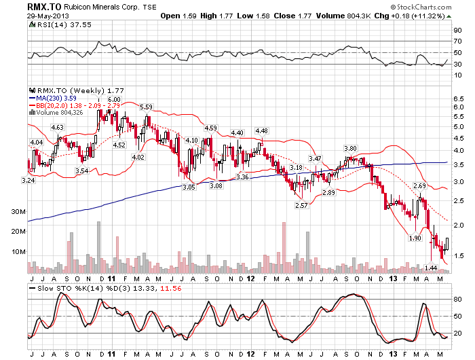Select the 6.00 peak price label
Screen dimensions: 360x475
coord(114,99)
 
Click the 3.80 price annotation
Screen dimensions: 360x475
coord(350,148)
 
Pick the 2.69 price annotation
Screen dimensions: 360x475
coord(419,185)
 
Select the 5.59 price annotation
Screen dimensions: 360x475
coord(146,107)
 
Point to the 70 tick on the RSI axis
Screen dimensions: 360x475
coord(457,41)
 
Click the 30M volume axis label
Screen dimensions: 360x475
coord(18,212)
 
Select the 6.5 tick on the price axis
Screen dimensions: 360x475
coord(458,98)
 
